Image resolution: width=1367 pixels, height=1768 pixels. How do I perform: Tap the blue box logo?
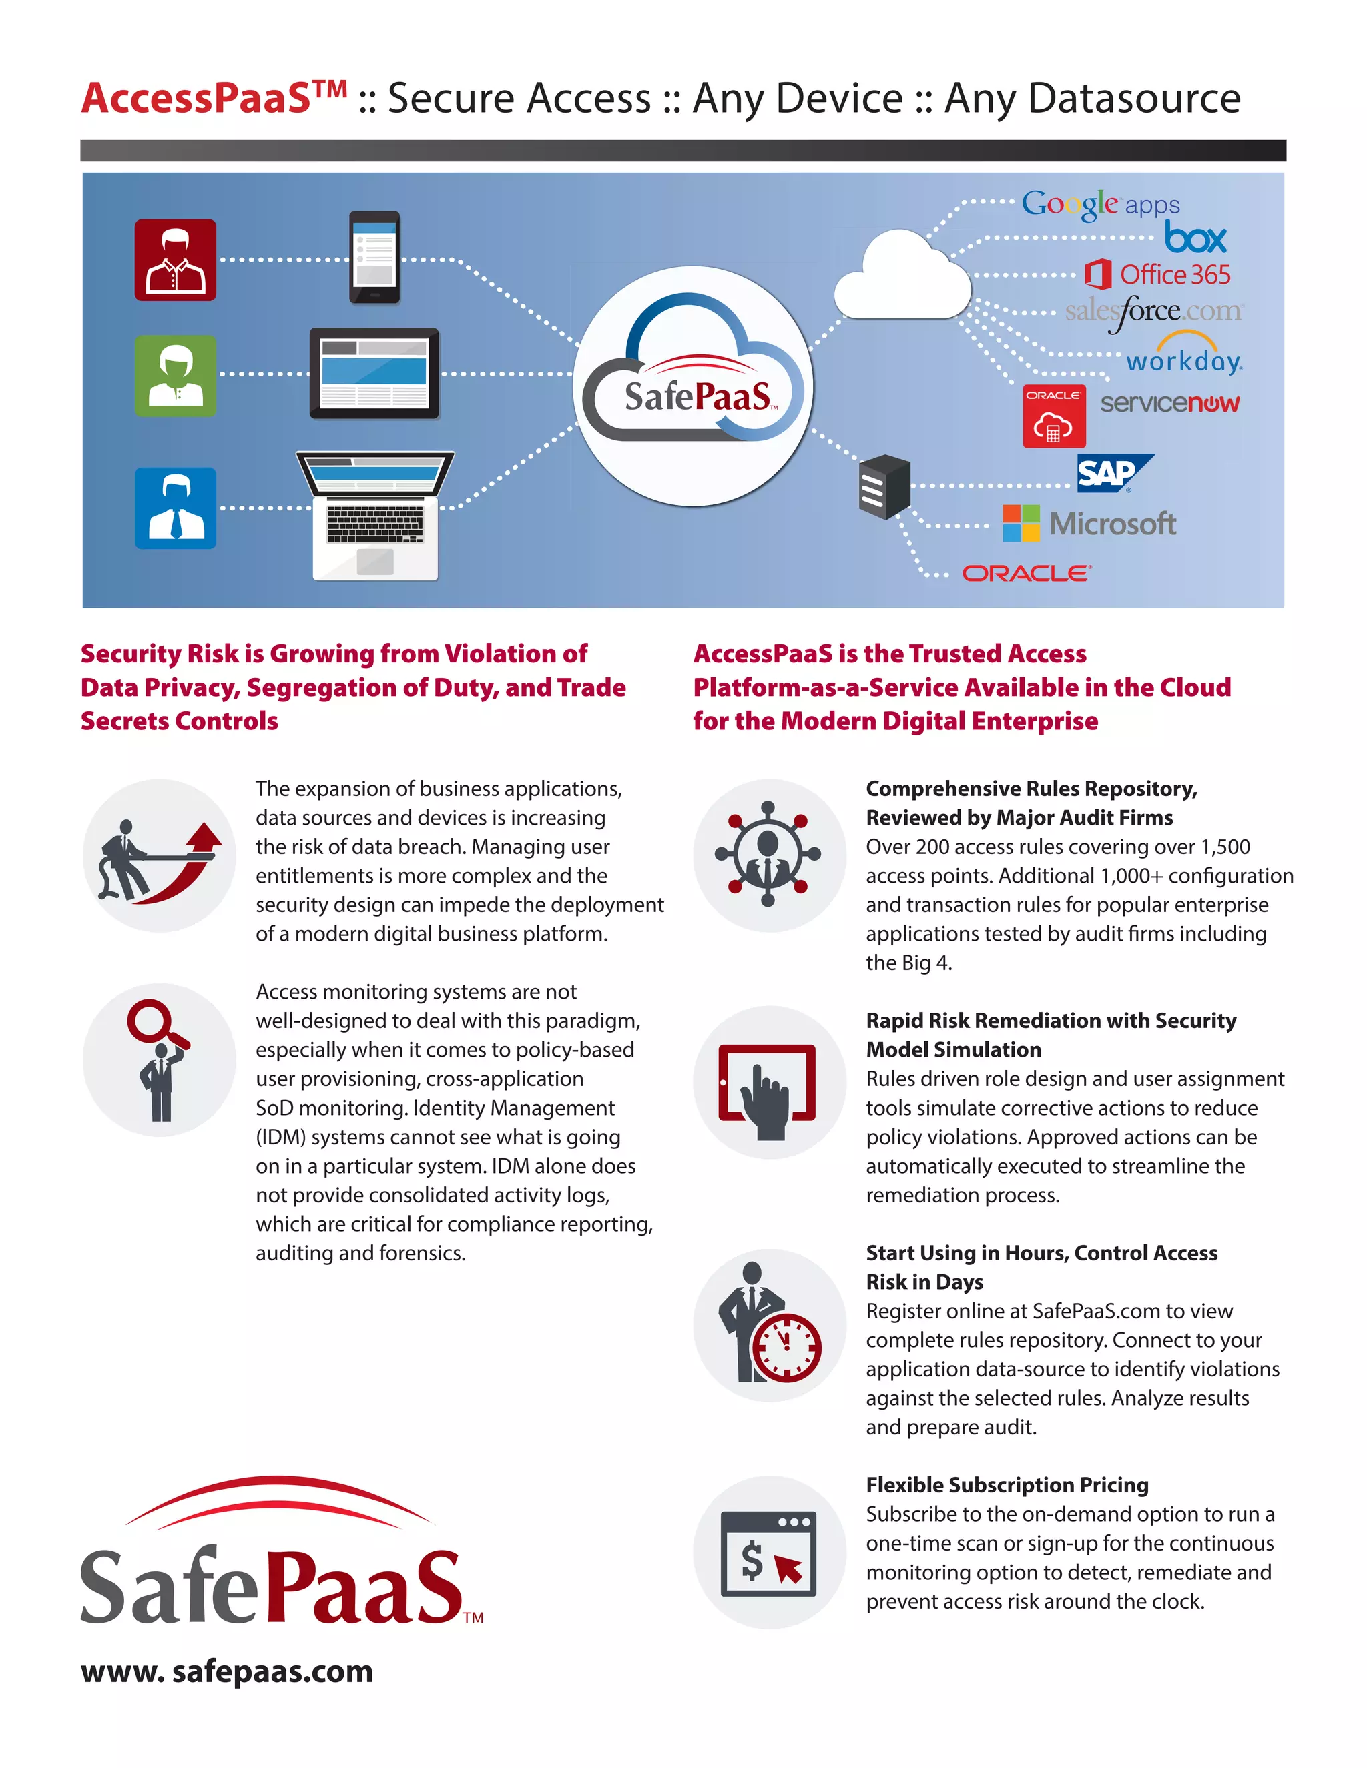1195,238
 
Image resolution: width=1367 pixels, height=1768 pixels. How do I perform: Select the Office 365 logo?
1157,274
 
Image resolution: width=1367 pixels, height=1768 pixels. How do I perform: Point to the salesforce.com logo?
1153,311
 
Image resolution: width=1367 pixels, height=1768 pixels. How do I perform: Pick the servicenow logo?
1169,402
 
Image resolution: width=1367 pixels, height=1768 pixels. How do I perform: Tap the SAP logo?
1113,473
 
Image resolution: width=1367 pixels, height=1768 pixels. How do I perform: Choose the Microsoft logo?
1089,524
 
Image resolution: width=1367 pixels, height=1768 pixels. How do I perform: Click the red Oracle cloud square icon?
1053,416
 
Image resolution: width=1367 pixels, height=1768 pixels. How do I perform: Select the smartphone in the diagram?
374,258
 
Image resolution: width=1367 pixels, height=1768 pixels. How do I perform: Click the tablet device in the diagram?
374,373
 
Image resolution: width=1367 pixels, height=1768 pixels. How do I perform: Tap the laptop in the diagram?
375,515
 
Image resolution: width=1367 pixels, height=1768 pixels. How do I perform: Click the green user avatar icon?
175,376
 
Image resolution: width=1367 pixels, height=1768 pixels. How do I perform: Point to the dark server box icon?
884,486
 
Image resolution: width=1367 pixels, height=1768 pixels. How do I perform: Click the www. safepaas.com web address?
227,1671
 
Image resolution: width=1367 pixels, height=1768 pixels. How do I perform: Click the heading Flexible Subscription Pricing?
1007,1484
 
